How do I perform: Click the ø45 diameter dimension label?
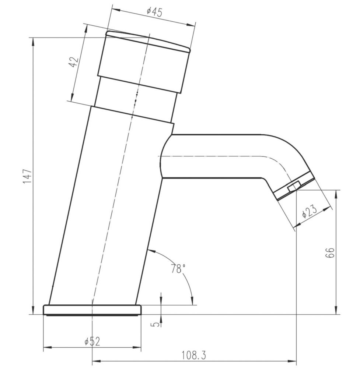pyautogui.click(x=154, y=12)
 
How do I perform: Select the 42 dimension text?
pyautogui.click(x=74, y=62)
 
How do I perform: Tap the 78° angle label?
pyautogui.click(x=178, y=269)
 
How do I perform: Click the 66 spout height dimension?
pyautogui.click(x=330, y=253)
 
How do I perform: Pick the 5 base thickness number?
pyautogui.click(x=156, y=325)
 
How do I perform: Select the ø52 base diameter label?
pyautogui.click(x=92, y=342)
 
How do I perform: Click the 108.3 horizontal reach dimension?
pyautogui.click(x=193, y=355)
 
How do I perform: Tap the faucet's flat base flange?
pyautogui.click(x=92, y=310)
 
